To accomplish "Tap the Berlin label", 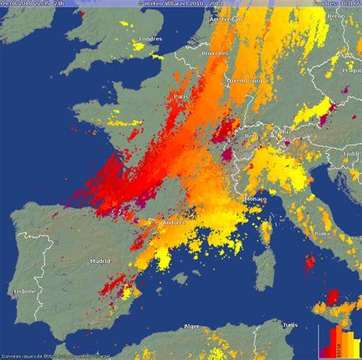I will [x=335, y=15].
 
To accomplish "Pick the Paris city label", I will [x=180, y=97].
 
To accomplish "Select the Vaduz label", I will [x=283, y=130].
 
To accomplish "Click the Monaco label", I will [x=256, y=199].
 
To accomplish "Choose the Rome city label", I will [x=322, y=233].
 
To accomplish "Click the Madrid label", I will [x=100, y=261].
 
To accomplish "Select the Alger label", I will [x=191, y=326].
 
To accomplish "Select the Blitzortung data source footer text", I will [x=57, y=356].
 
